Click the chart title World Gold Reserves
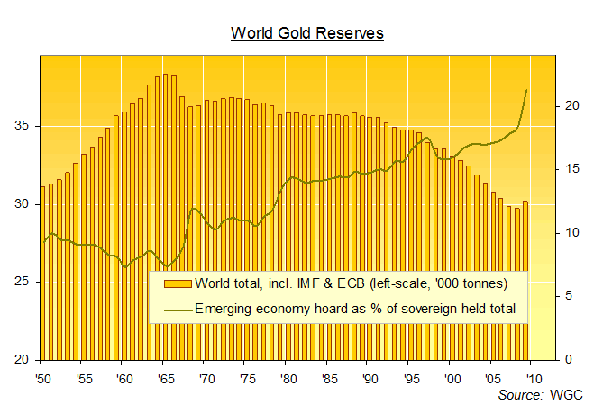tap(307, 33)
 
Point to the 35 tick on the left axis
tap(26, 126)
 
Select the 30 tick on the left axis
tap(26, 204)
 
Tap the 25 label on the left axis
tap(26, 282)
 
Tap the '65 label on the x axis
tap(164, 377)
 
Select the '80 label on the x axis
tap(287, 377)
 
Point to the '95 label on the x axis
tap(409, 377)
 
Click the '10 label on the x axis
tap(533, 377)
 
